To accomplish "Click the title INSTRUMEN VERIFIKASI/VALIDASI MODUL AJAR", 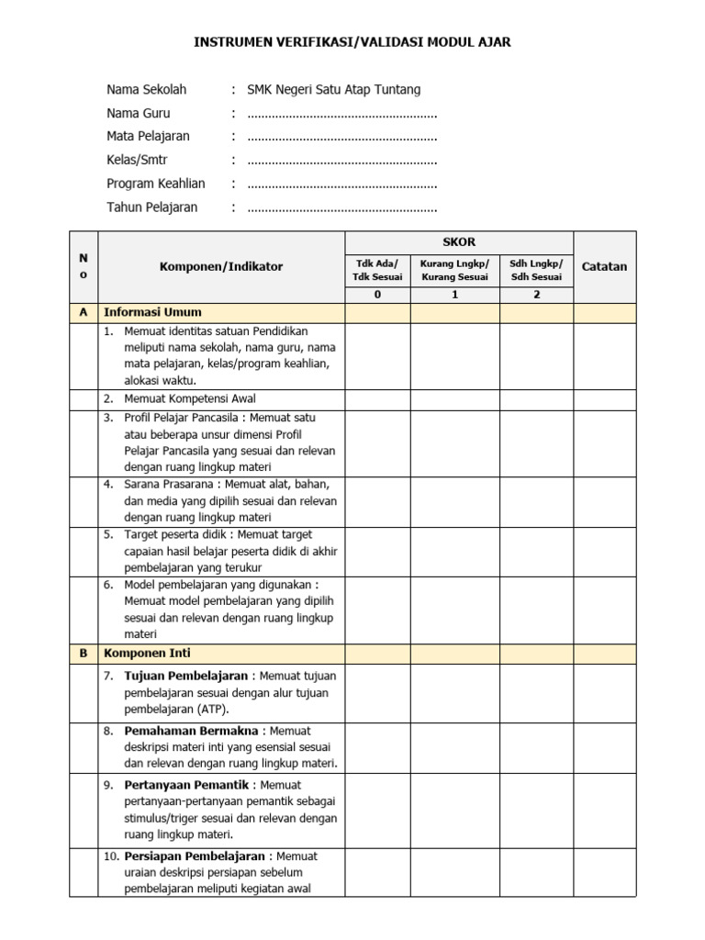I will pos(352,42).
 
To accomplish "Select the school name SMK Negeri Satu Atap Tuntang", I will pos(334,90).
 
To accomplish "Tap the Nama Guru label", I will pos(139,113).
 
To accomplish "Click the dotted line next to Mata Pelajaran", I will pos(341,137).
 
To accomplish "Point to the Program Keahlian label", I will pos(156,184).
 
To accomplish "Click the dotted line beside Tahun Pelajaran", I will pos(341,207).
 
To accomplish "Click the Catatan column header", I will pos(604,267).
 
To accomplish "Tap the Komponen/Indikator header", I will pos(221,267).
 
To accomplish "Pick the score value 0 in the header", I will pos(377,295).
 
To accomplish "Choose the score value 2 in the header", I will pos(536,295).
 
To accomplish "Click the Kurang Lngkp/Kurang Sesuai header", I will pos(454,270).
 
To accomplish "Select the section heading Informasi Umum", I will pos(153,312).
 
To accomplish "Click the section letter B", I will pos(84,654).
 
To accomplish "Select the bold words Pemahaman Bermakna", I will pos(192,731).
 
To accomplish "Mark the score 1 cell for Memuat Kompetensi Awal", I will pos(454,399).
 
